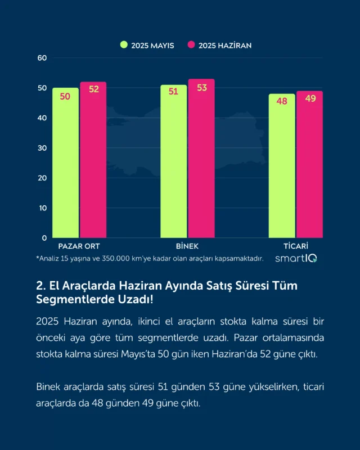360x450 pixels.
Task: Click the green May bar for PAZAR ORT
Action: click(x=65, y=163)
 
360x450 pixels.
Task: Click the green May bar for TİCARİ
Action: click(x=282, y=166)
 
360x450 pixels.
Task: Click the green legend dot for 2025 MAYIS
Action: click(x=124, y=45)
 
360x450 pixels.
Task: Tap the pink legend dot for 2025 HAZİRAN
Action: click(x=192, y=45)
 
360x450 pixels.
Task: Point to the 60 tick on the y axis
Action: click(x=42, y=58)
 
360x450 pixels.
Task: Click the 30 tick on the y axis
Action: click(x=42, y=148)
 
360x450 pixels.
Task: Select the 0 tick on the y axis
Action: click(x=44, y=238)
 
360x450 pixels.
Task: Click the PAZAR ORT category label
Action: click(x=79, y=246)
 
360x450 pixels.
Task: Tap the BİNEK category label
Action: click(x=187, y=246)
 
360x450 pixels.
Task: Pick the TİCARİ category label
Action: click(x=296, y=246)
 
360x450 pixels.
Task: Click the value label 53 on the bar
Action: click(x=202, y=88)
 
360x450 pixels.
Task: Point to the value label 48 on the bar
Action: click(x=282, y=101)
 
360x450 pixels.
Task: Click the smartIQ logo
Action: click(x=296, y=258)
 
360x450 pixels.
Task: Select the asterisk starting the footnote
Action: click(x=38, y=258)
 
